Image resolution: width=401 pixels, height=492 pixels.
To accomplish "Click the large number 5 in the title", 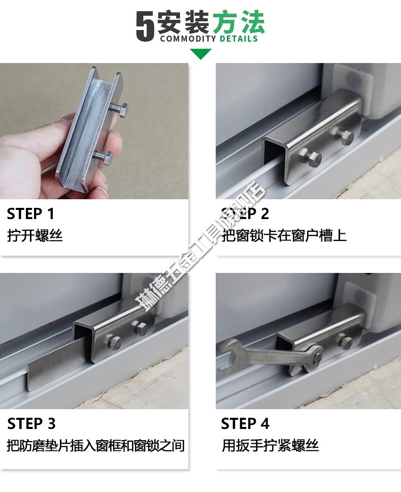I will pyautogui.click(x=145, y=26).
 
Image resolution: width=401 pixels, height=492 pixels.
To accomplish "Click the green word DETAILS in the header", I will pyautogui.click(x=239, y=39).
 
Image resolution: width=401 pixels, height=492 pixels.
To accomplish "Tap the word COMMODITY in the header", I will pyautogui.click(x=188, y=39).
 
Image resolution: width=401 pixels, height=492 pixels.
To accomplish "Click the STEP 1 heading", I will pyautogui.click(x=30, y=214).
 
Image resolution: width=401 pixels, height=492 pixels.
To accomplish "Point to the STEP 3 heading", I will pyautogui.click(x=31, y=424).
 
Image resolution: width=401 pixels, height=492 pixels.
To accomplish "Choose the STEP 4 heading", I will pyautogui.click(x=245, y=424).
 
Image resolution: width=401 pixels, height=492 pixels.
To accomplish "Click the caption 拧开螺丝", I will pyautogui.click(x=35, y=236).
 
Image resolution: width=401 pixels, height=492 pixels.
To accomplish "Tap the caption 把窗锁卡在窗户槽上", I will pyautogui.click(x=284, y=236).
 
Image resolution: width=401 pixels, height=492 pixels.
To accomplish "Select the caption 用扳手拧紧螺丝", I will pyautogui.click(x=270, y=446).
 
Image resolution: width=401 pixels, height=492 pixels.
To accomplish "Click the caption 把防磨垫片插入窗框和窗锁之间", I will pyautogui.click(x=95, y=446).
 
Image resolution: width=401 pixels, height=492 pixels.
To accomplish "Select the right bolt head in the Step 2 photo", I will pyautogui.click(x=346, y=136).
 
